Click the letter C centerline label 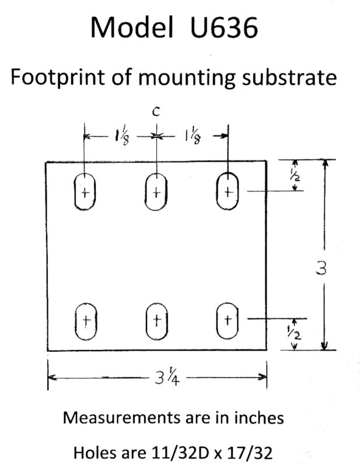[x=156, y=113]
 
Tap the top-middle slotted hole [x=156, y=191]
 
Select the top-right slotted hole [x=228, y=191]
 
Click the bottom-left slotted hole [x=86, y=320]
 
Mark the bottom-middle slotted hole [x=156, y=320]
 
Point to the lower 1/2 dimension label [x=295, y=335]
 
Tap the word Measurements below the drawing [x=117, y=418]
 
